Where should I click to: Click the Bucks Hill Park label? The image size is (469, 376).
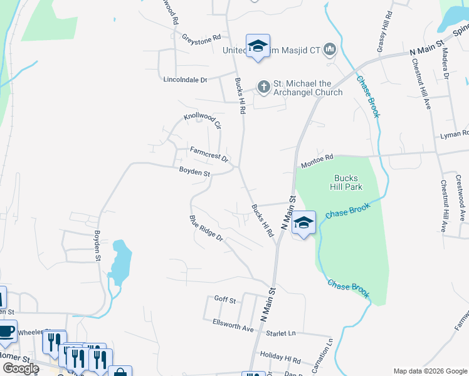[x=345, y=182]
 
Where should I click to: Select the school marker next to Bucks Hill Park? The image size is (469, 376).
[x=303, y=223]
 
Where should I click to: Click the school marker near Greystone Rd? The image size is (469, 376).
[x=258, y=46]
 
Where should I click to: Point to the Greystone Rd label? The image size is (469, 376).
[x=201, y=38]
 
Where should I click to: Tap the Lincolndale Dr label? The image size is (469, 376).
[x=184, y=80]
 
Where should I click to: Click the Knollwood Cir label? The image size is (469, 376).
[x=203, y=121]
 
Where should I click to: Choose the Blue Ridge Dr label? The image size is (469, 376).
[x=206, y=229]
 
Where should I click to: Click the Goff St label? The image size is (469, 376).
[x=224, y=300]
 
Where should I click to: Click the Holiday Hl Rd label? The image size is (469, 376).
[x=280, y=358]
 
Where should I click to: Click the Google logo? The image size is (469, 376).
[x=21, y=368]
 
